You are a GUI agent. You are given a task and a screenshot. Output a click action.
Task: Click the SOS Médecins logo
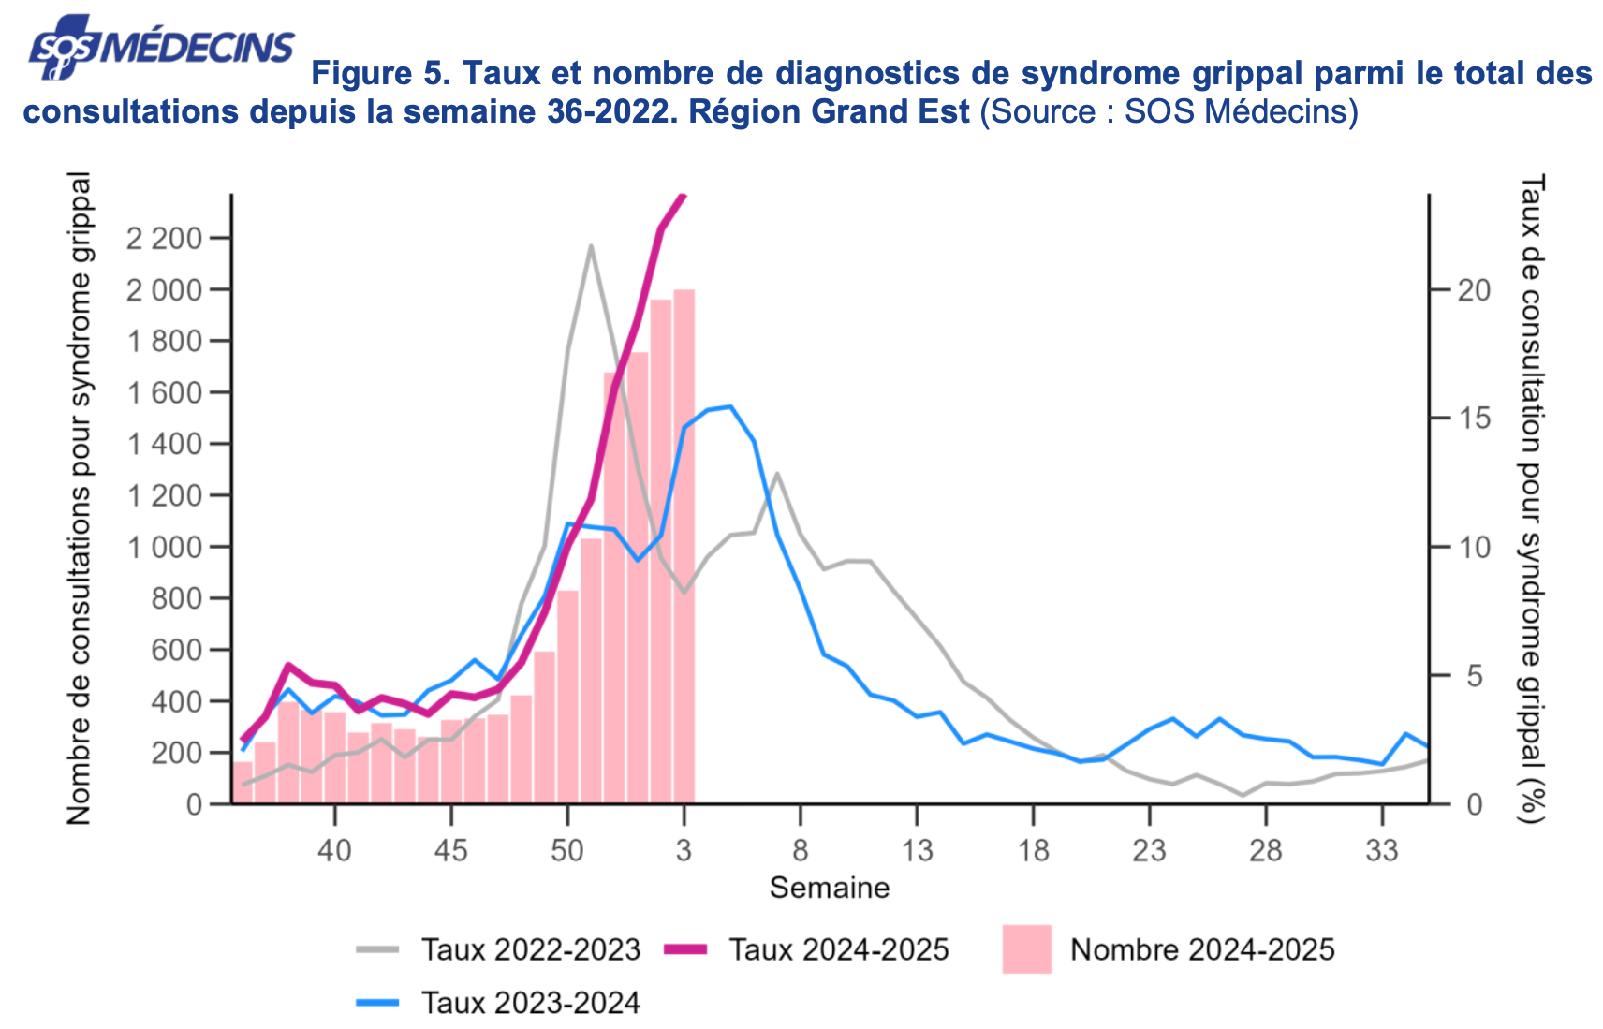[x=160, y=48]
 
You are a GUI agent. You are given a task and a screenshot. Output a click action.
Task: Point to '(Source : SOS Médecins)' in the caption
[x=1169, y=111]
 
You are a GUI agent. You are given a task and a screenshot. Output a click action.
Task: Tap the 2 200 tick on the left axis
[x=165, y=239]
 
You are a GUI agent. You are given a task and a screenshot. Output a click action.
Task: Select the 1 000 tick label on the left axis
[x=165, y=547]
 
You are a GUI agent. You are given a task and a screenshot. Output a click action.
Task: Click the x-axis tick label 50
[x=566, y=850]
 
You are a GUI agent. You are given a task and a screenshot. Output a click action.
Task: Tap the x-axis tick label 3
[x=684, y=850]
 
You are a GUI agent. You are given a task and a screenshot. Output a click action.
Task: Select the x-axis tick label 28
[x=1265, y=850]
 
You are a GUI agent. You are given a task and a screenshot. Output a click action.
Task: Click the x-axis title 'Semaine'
[x=830, y=888]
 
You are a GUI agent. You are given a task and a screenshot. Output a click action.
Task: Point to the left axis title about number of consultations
[x=79, y=498]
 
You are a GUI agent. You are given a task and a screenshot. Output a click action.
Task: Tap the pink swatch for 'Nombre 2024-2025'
[x=1026, y=949]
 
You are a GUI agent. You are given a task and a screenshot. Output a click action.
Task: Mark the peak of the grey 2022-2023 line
[x=591, y=246]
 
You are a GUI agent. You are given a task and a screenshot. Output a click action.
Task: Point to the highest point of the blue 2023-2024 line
[x=730, y=406]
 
